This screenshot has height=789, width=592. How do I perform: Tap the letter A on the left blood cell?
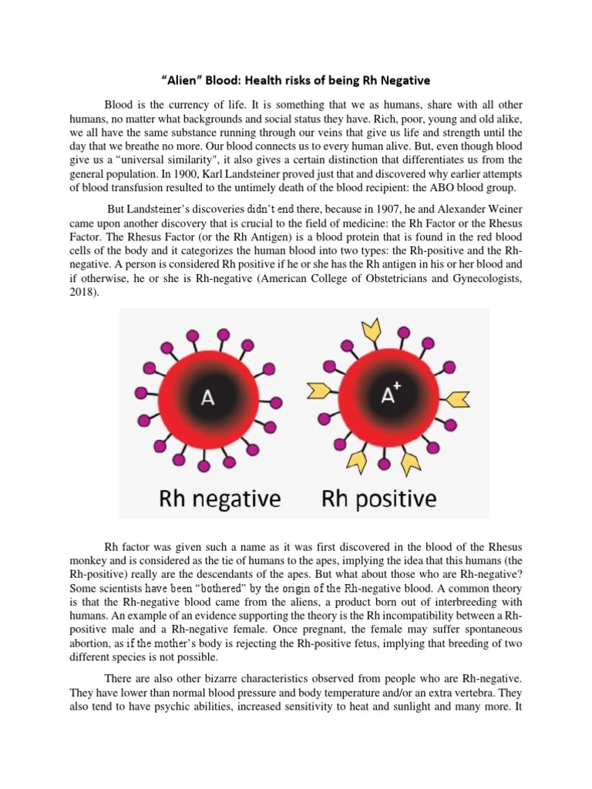(x=207, y=398)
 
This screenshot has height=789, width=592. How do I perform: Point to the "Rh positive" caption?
(x=378, y=499)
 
